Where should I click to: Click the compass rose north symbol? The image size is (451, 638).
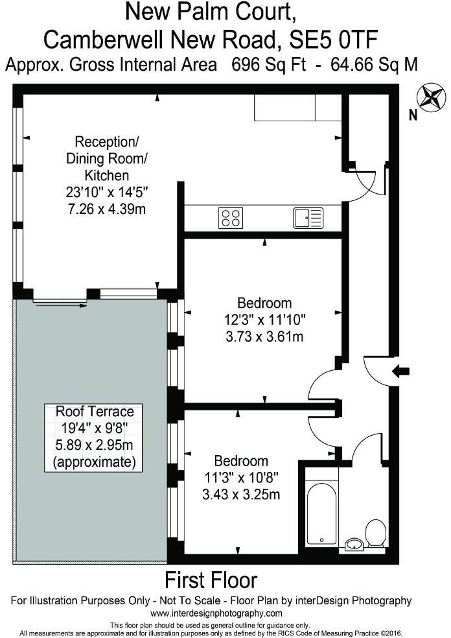[430, 97]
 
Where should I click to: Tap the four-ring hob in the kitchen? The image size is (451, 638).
[231, 218]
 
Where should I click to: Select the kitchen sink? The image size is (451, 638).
[308, 218]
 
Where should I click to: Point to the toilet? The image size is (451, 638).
[376, 534]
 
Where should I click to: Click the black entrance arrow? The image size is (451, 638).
[401, 371]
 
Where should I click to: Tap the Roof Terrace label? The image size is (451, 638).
[95, 411]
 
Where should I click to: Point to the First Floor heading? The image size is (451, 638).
[211, 579]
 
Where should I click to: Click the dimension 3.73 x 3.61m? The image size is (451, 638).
[264, 337]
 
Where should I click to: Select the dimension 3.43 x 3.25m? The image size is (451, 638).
[241, 495]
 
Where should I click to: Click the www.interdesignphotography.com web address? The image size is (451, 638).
[216, 613]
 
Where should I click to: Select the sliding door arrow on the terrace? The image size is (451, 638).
[62, 304]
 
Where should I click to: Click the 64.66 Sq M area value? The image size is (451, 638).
[373, 65]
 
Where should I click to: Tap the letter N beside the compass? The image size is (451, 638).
[413, 116]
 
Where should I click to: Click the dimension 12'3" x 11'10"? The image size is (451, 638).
[264, 320]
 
